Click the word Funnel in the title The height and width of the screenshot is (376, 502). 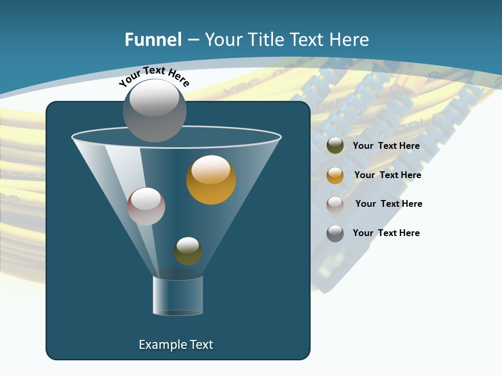(x=153, y=40)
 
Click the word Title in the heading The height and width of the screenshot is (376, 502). (x=266, y=40)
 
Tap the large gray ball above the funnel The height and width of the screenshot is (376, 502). (x=154, y=111)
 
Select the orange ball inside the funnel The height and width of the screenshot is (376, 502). (x=211, y=180)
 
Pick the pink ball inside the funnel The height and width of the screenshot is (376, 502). (x=146, y=206)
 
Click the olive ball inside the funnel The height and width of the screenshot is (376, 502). (x=188, y=251)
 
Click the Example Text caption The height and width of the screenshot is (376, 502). (x=176, y=345)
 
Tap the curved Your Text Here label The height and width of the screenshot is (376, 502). (x=154, y=75)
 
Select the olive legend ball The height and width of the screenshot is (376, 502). (x=335, y=146)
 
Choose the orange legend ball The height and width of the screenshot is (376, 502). (x=335, y=175)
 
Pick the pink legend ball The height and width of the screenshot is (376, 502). (x=335, y=204)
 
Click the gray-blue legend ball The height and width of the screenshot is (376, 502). (x=335, y=233)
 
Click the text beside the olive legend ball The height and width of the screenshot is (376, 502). (x=386, y=146)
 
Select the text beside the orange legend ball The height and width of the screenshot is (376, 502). (x=387, y=175)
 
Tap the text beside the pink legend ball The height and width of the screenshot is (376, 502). (x=389, y=204)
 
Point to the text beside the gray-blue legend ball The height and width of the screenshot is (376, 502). (x=386, y=233)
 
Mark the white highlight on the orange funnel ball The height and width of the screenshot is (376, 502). (x=211, y=170)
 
